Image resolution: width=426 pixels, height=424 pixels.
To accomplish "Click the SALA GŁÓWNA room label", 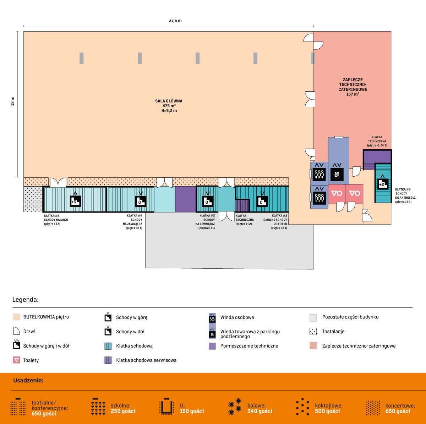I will [169, 106].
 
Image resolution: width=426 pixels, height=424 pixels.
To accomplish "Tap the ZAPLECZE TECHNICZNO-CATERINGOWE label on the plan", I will [353, 87].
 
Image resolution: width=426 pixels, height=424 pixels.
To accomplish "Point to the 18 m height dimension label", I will [13, 101].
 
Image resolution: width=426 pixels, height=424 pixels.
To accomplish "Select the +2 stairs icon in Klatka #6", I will [382, 183].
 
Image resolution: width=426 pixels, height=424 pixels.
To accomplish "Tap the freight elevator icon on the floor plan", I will [337, 174].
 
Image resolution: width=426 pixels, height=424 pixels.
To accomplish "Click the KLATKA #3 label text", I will [207, 216].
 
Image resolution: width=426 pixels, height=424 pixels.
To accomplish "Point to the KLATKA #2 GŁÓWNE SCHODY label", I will [275, 218].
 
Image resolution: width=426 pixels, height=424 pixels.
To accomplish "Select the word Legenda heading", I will [25, 300].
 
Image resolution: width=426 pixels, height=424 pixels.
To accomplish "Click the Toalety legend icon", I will [16, 360].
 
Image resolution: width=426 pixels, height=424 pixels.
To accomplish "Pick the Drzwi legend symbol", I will [16, 331].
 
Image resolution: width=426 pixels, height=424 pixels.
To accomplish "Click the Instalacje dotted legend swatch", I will [313, 331].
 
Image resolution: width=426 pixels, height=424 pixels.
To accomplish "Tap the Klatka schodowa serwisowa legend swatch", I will [108, 360].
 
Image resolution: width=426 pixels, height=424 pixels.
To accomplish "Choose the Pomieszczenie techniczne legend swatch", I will [212, 346].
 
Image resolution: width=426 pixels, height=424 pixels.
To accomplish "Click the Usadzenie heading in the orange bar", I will [28, 380].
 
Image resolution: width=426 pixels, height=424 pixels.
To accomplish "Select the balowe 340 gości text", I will [260, 408].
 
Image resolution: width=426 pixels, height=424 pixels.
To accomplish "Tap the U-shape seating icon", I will [166, 407].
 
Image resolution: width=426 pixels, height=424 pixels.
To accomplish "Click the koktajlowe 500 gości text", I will [328, 408].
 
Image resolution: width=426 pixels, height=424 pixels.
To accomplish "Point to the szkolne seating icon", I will [98, 407].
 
